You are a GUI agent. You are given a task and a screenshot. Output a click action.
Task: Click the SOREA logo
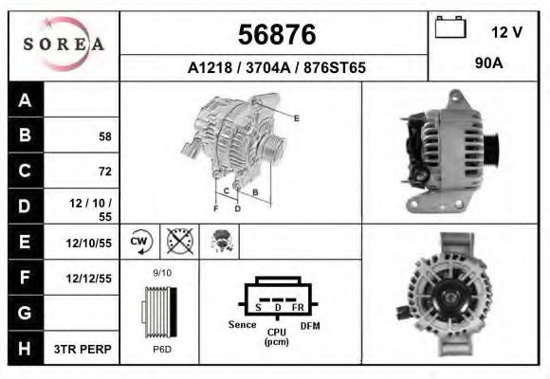[x=63, y=45]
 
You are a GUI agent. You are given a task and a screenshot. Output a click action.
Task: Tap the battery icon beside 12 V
[x=449, y=29]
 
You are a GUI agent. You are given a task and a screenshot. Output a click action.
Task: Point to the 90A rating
[x=488, y=64]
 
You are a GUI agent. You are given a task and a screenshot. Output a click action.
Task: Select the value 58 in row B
[x=104, y=136]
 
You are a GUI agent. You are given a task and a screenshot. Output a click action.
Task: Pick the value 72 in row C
[x=104, y=171]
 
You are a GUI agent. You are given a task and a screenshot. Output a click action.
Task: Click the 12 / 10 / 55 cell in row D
[x=95, y=209]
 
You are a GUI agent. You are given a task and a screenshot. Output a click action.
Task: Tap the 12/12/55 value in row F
[x=89, y=280]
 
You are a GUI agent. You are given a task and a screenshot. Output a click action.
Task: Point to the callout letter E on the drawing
[x=297, y=117]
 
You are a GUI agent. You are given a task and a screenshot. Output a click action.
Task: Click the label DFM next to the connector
[x=310, y=325]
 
